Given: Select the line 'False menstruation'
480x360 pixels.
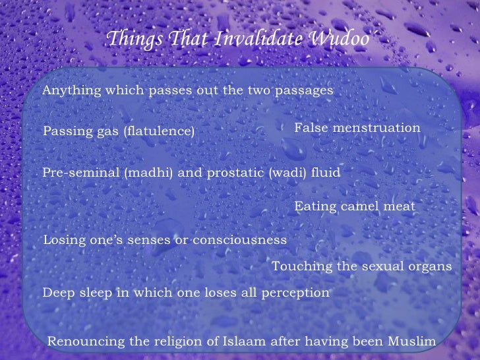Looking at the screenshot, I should (x=356, y=128).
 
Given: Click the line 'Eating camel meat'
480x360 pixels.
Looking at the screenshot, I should (x=355, y=207).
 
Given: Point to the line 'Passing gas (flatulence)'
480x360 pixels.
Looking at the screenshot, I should (x=119, y=132).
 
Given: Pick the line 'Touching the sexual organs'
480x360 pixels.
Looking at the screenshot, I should (x=362, y=266).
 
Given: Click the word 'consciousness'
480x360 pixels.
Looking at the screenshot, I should (x=239, y=241).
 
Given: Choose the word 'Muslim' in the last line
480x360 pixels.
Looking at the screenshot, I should (x=413, y=342).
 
